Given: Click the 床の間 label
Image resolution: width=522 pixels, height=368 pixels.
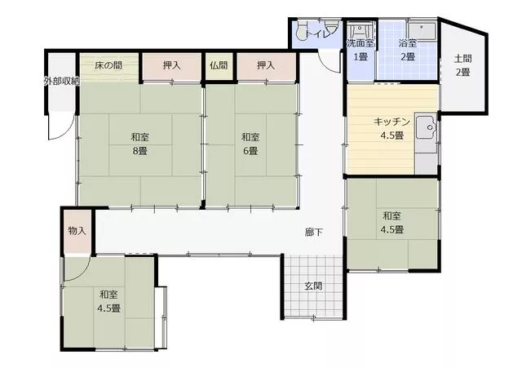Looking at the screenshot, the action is pos(108,65).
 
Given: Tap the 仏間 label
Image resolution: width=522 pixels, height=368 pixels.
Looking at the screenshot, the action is pos(219,65).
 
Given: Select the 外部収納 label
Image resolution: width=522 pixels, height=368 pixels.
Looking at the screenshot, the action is pos(62,81).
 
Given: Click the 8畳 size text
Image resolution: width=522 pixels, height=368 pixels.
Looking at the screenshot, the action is pos(139,151).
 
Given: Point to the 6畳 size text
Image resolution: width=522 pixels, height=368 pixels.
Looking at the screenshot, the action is pos(250,151).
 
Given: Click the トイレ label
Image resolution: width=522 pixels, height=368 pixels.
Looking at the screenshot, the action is pos(320,33).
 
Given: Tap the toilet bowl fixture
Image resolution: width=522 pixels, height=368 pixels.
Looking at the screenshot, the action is pos(302,31).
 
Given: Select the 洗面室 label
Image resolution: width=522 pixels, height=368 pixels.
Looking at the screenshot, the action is pos(361,43).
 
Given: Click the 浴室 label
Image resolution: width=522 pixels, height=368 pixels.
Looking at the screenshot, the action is pos(408,43).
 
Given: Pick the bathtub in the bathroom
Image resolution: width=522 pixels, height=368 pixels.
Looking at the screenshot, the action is pos(422,31).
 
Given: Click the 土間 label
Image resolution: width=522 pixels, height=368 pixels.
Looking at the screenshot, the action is pos(462,59).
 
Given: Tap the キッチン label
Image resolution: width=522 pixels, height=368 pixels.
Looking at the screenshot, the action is pos(391,122).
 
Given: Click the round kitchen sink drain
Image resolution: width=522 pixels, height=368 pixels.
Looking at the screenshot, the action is pos(430,127).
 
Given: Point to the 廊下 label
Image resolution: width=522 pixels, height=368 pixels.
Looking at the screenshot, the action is pos(313,232).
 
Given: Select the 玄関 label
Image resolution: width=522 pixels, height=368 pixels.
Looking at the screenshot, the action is pos(313,286).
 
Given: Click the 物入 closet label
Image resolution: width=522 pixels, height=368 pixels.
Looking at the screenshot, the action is pos(77,230).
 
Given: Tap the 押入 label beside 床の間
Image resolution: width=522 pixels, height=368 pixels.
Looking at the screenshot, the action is pos(172,65).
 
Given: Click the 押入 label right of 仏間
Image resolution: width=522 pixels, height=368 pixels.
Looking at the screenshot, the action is pos(266,65).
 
